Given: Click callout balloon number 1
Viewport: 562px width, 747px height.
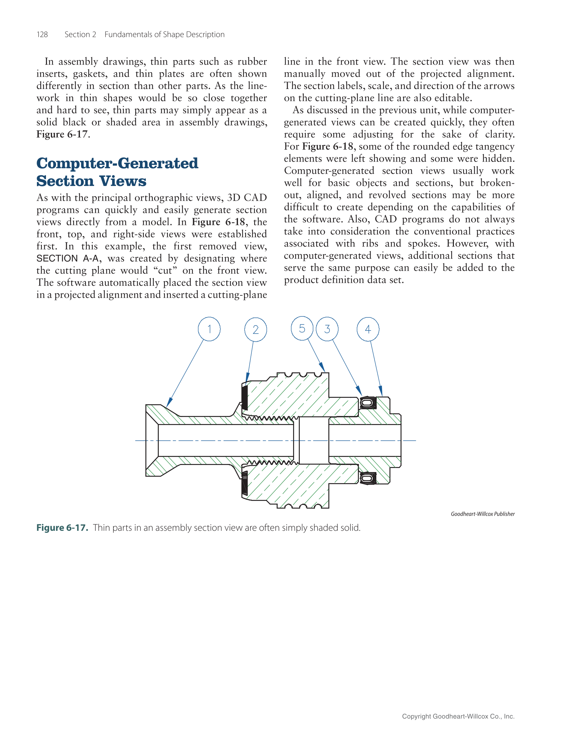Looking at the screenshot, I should point(209,329).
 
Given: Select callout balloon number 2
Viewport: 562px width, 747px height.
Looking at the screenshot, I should point(255,329).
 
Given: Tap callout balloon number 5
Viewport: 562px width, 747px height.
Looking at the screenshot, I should point(302,328).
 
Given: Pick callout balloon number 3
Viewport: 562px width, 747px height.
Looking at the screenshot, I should point(327,329).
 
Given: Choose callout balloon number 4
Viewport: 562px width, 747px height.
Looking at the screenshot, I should point(368,329).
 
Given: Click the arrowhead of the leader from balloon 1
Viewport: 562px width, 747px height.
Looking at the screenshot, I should point(169,403).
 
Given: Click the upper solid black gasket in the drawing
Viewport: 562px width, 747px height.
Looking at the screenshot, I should point(244,398).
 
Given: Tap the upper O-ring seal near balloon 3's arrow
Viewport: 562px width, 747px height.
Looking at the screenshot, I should point(367,403).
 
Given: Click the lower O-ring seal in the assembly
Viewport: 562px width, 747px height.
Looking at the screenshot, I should point(367,478).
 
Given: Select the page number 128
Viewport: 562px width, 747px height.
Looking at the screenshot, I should point(42,35).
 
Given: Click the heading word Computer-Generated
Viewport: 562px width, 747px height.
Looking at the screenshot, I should point(117,164).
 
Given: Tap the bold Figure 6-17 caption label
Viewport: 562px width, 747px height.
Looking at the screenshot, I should point(62,527).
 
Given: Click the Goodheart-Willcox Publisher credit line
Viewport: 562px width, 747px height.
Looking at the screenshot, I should point(482,514).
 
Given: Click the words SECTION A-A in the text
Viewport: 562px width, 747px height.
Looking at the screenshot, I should point(67,258).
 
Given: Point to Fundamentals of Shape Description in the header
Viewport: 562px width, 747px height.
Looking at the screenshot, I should point(164,35).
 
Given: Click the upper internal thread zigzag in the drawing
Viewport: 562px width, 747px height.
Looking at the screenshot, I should point(270,418).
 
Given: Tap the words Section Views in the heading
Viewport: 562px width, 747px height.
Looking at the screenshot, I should point(91,181).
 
